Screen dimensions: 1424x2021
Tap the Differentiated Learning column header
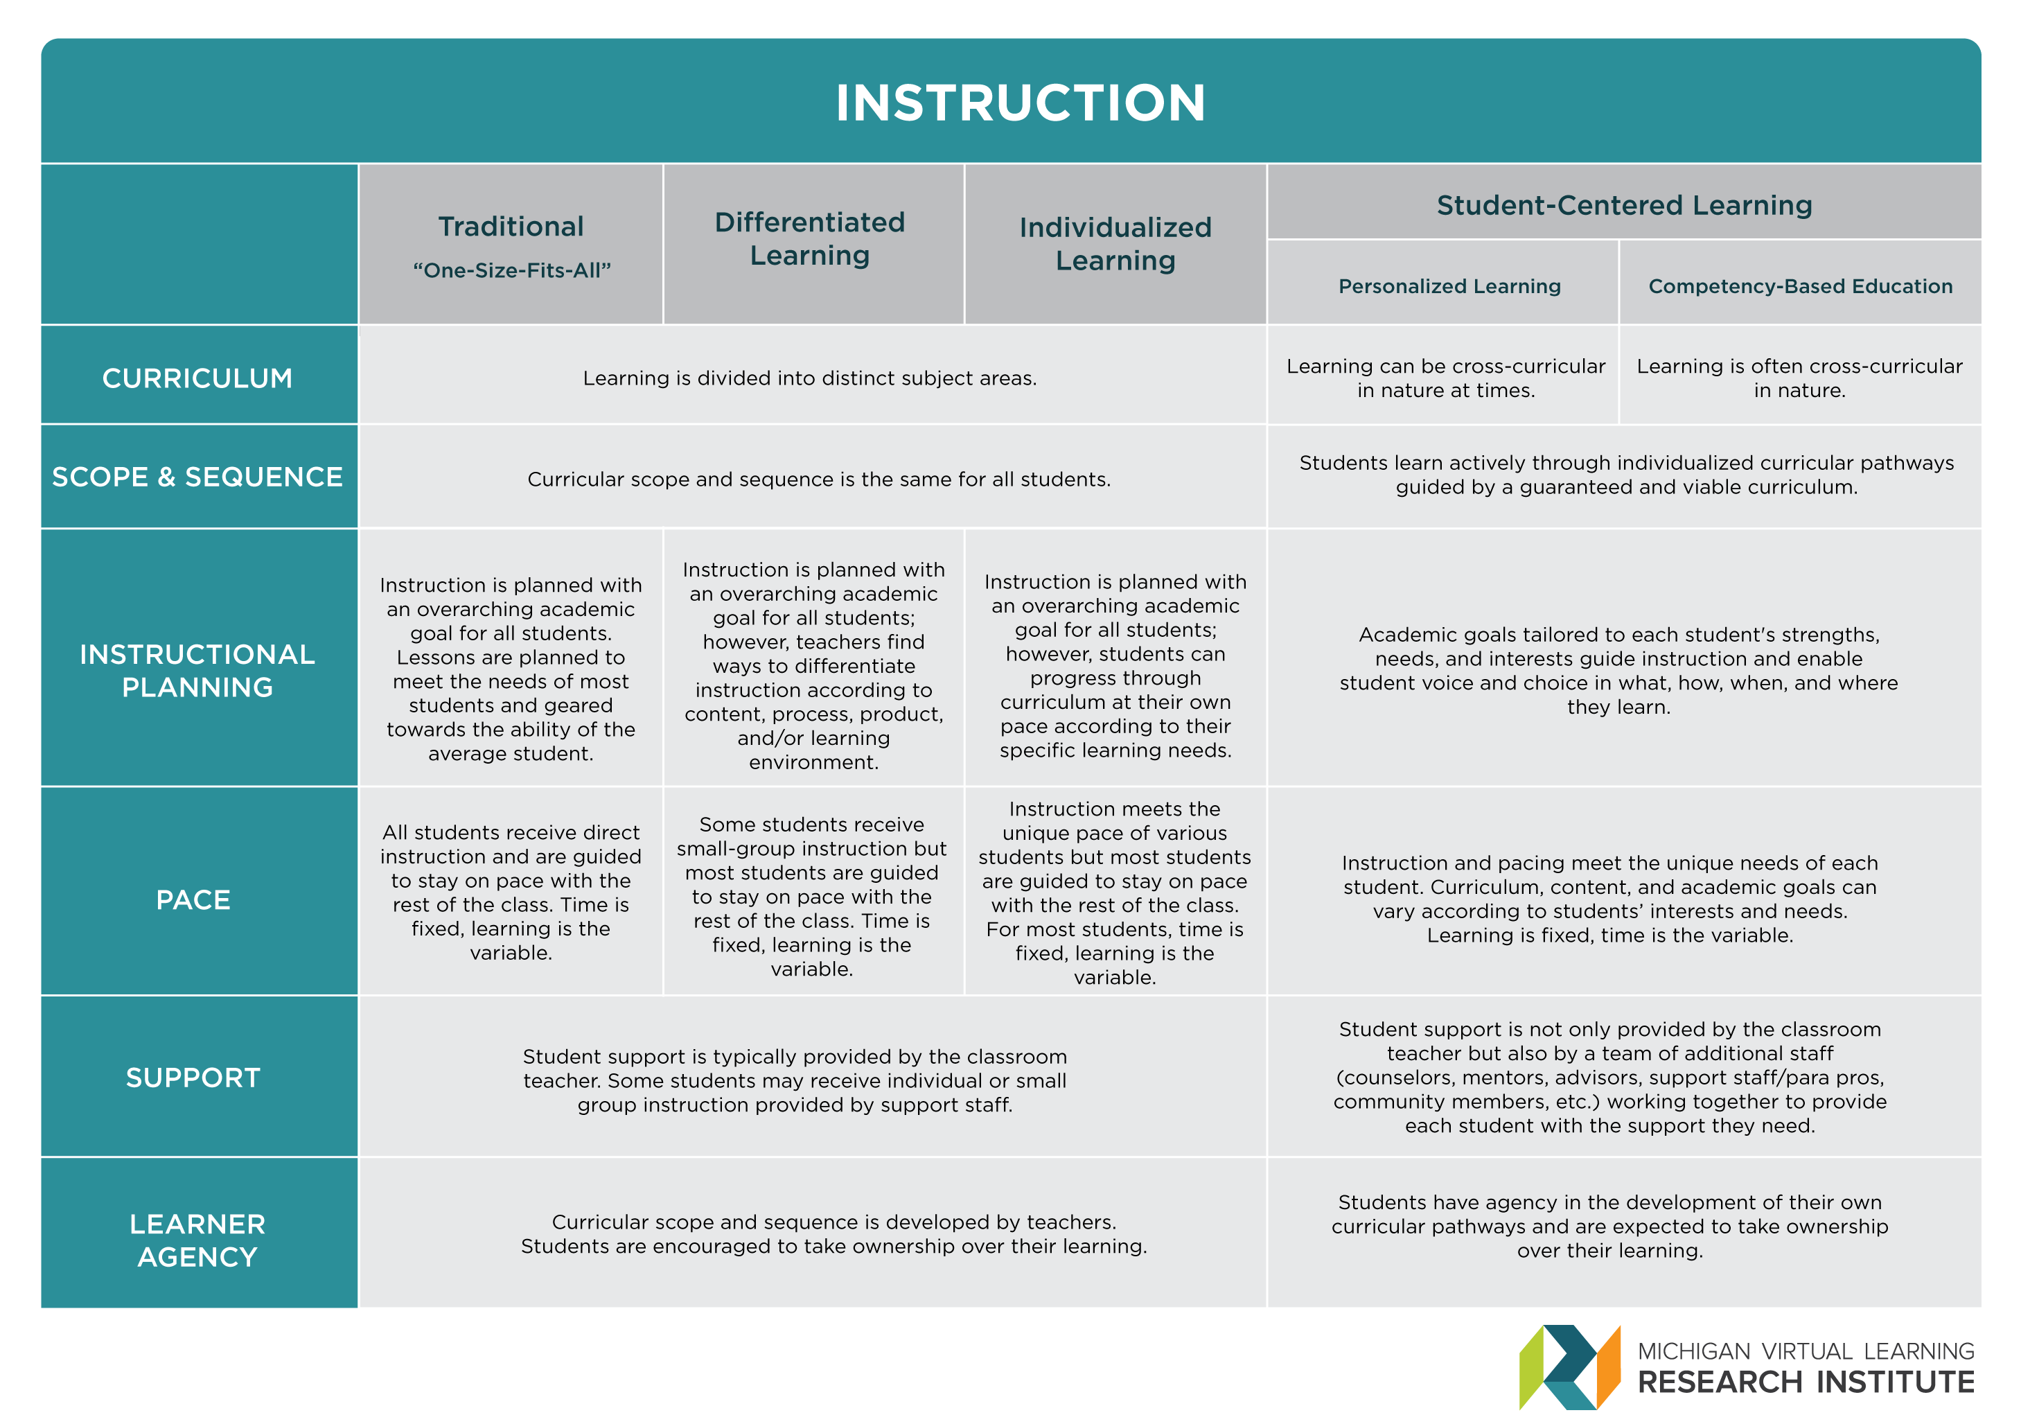coord(810,238)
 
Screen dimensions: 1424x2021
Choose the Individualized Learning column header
coord(1115,244)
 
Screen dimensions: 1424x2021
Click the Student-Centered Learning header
coord(1624,205)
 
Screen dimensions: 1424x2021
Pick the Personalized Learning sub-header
coord(1449,286)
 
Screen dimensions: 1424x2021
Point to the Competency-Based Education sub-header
coord(1800,286)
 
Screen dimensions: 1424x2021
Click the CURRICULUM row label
coord(197,378)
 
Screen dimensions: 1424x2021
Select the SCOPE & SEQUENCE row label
coord(197,477)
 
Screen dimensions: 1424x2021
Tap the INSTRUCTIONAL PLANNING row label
coord(197,671)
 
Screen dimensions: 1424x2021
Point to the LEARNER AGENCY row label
coord(197,1240)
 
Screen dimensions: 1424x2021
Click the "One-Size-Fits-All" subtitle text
coord(511,270)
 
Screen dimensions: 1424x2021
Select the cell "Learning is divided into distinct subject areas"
coord(810,378)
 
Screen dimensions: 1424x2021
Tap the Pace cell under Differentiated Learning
coord(811,897)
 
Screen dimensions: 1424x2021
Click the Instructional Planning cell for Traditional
coord(511,669)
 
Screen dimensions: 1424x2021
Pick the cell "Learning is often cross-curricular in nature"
coord(1799,378)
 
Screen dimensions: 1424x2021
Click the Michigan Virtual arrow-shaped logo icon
coord(1569,1366)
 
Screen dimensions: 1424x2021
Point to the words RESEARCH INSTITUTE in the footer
coord(1806,1382)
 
